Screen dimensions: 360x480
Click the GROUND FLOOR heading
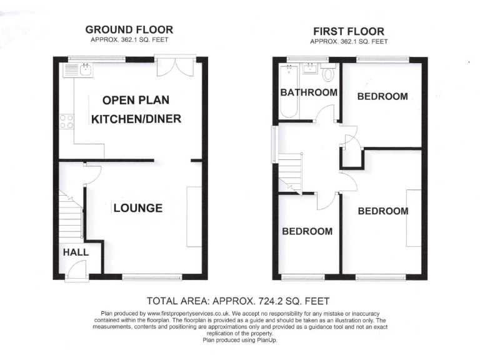click(x=129, y=29)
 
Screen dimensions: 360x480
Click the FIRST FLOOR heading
click(x=348, y=31)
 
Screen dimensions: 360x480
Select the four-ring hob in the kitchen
click(x=66, y=121)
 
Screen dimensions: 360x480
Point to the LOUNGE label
click(x=137, y=208)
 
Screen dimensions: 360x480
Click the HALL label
click(x=75, y=252)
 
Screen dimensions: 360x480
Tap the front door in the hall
click(x=76, y=270)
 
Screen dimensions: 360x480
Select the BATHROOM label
click(x=308, y=92)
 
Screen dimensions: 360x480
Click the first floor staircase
click(x=290, y=172)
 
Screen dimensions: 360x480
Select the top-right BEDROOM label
click(x=382, y=96)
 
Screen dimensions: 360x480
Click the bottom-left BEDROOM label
click(x=307, y=231)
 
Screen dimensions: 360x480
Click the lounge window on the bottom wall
click(x=152, y=277)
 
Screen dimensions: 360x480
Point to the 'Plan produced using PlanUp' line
click(x=239, y=340)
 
